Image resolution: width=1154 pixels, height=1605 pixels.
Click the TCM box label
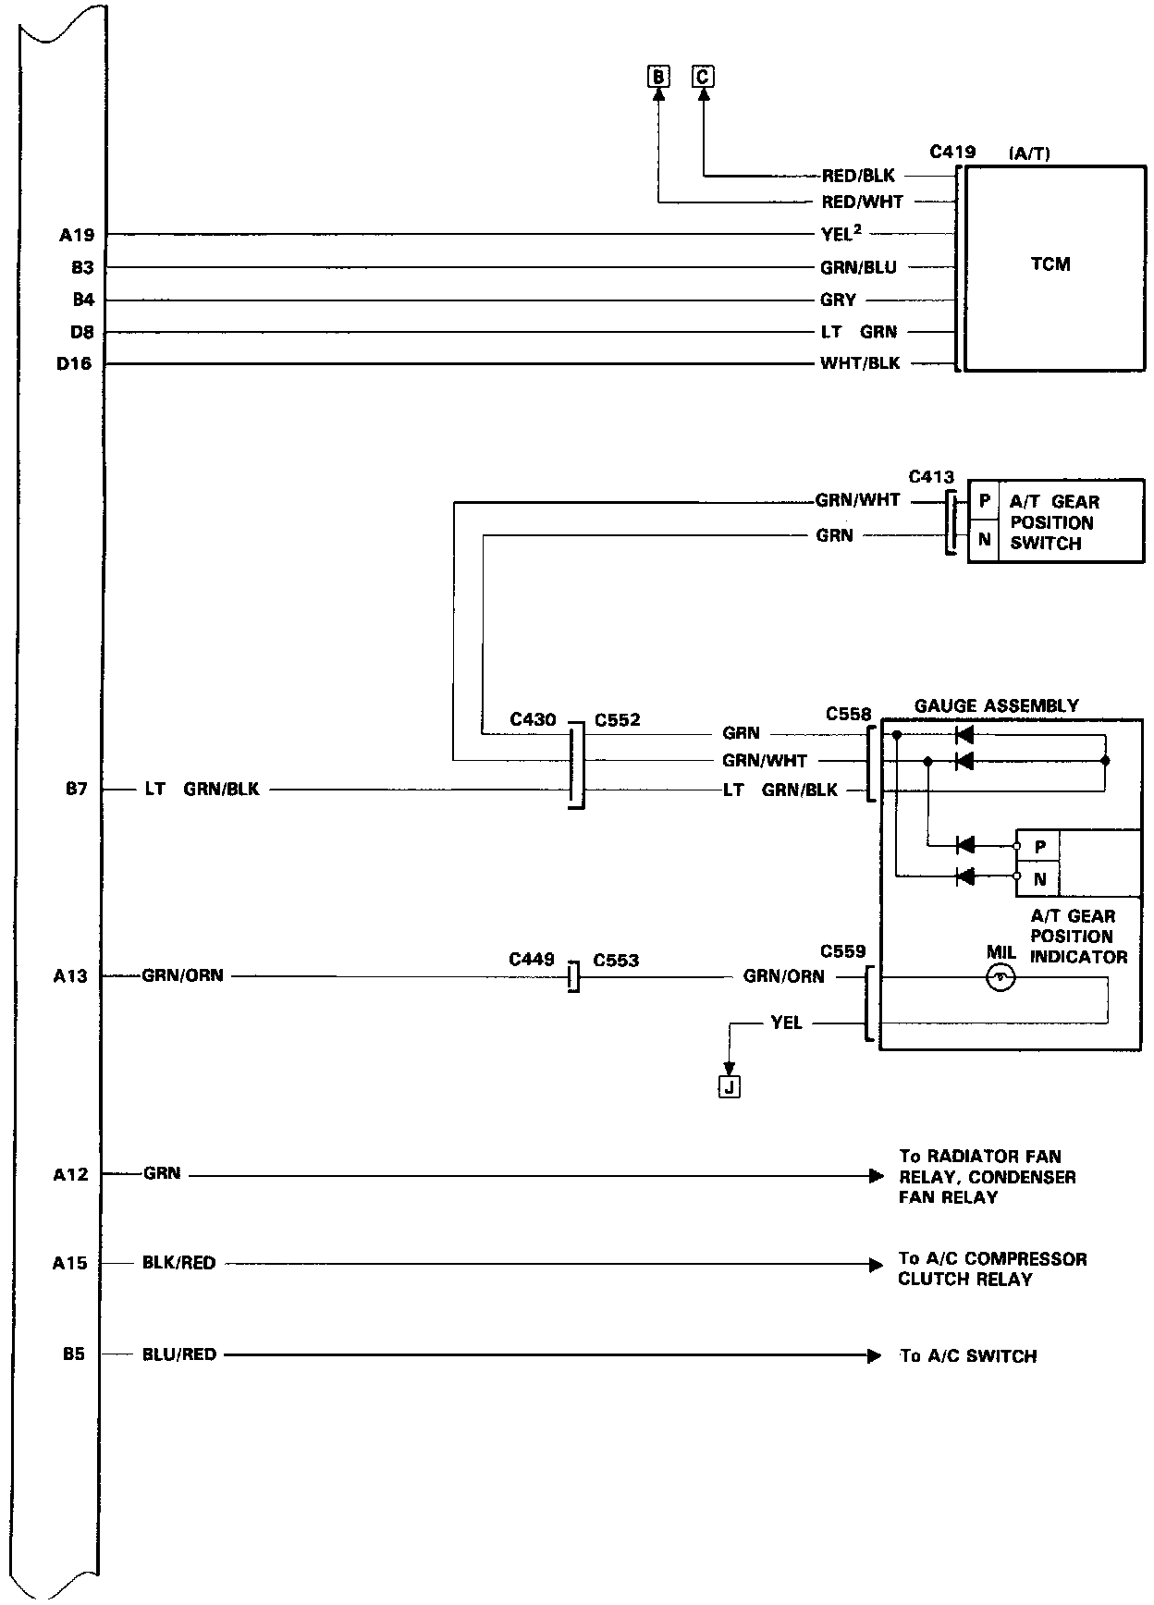pos(1050,264)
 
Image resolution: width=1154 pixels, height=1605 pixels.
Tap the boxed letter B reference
pos(657,77)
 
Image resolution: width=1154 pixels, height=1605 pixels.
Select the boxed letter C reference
pos(703,77)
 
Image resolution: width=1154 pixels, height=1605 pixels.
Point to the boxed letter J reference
pos(730,1087)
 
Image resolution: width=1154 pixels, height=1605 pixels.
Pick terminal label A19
pos(77,236)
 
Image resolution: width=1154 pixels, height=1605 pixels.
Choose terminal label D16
pos(74,364)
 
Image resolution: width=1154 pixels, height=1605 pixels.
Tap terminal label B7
pos(76,790)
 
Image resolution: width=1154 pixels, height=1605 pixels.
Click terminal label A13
pos(70,976)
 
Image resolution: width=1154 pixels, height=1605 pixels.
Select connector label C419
pos(952,152)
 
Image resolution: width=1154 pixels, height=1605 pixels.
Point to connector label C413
pos(931,478)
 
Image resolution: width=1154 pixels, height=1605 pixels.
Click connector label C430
pos(533,720)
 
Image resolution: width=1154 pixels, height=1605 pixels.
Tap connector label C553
pos(616,961)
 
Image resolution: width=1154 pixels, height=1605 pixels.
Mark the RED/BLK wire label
pos(858,176)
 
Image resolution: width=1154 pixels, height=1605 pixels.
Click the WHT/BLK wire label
pos(860,363)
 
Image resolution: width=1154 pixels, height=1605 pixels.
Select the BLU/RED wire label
pos(179,1354)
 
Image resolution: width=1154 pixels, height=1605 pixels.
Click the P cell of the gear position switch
pos(985,502)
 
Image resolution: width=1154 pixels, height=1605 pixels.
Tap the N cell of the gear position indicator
pos(1039,879)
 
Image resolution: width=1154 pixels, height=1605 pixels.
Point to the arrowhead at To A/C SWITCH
pos(875,1356)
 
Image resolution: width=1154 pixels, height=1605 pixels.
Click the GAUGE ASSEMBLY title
pos(996,706)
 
